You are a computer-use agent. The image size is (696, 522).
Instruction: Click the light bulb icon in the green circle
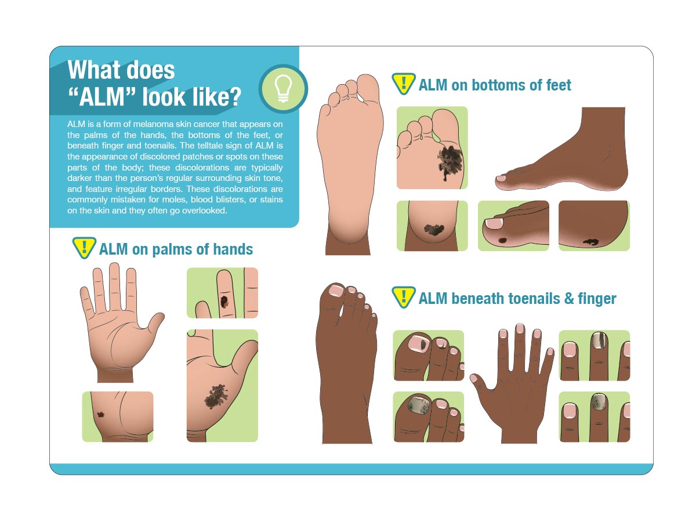coord(282,88)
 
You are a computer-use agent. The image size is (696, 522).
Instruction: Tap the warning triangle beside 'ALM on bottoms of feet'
coord(403,84)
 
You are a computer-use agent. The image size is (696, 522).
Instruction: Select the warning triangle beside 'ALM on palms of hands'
coord(84,248)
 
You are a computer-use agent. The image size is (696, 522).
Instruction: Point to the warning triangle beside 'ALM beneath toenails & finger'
coord(403,297)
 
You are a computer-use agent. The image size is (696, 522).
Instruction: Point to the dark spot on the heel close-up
coord(434,230)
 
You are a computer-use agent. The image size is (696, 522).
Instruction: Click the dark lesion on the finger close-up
coord(224,302)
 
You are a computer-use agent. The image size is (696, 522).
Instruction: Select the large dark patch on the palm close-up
coord(216,396)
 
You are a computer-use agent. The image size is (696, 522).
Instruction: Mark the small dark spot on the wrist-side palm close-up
coord(101,414)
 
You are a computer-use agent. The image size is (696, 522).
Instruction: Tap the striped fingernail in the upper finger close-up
coord(599,340)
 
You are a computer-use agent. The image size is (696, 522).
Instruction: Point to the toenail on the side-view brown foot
coord(501,178)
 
